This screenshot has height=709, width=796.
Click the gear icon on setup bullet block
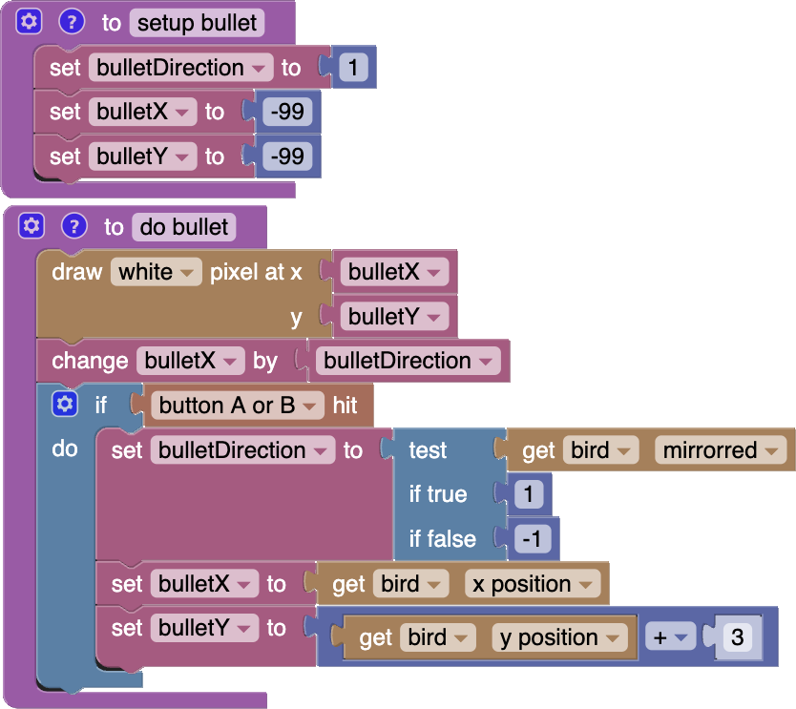click(x=31, y=22)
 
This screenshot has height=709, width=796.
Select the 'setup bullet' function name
click(x=197, y=23)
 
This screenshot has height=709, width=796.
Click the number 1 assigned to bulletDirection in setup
click(x=353, y=68)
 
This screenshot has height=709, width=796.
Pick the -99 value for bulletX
click(x=287, y=113)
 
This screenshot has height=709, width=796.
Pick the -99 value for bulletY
click(x=287, y=156)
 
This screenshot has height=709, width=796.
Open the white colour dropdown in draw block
click(x=156, y=272)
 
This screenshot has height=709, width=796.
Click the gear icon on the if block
click(x=64, y=405)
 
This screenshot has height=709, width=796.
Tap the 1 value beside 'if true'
click(x=528, y=494)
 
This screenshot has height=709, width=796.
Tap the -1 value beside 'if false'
click(x=533, y=539)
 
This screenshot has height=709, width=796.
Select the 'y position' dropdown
click(x=560, y=637)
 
